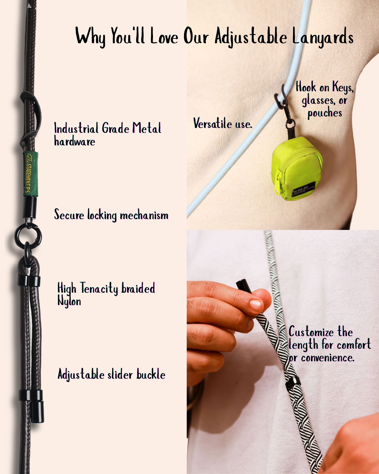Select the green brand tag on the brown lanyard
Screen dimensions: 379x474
point(31,173)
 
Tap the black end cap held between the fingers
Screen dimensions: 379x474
point(244,286)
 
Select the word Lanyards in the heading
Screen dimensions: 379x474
point(323,37)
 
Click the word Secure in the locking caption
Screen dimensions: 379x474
point(69,215)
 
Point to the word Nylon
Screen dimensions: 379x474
point(69,301)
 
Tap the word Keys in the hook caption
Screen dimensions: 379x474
point(343,87)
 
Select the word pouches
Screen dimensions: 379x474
point(325,113)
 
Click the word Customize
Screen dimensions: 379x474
point(311,332)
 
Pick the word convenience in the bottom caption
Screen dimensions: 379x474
point(328,357)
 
